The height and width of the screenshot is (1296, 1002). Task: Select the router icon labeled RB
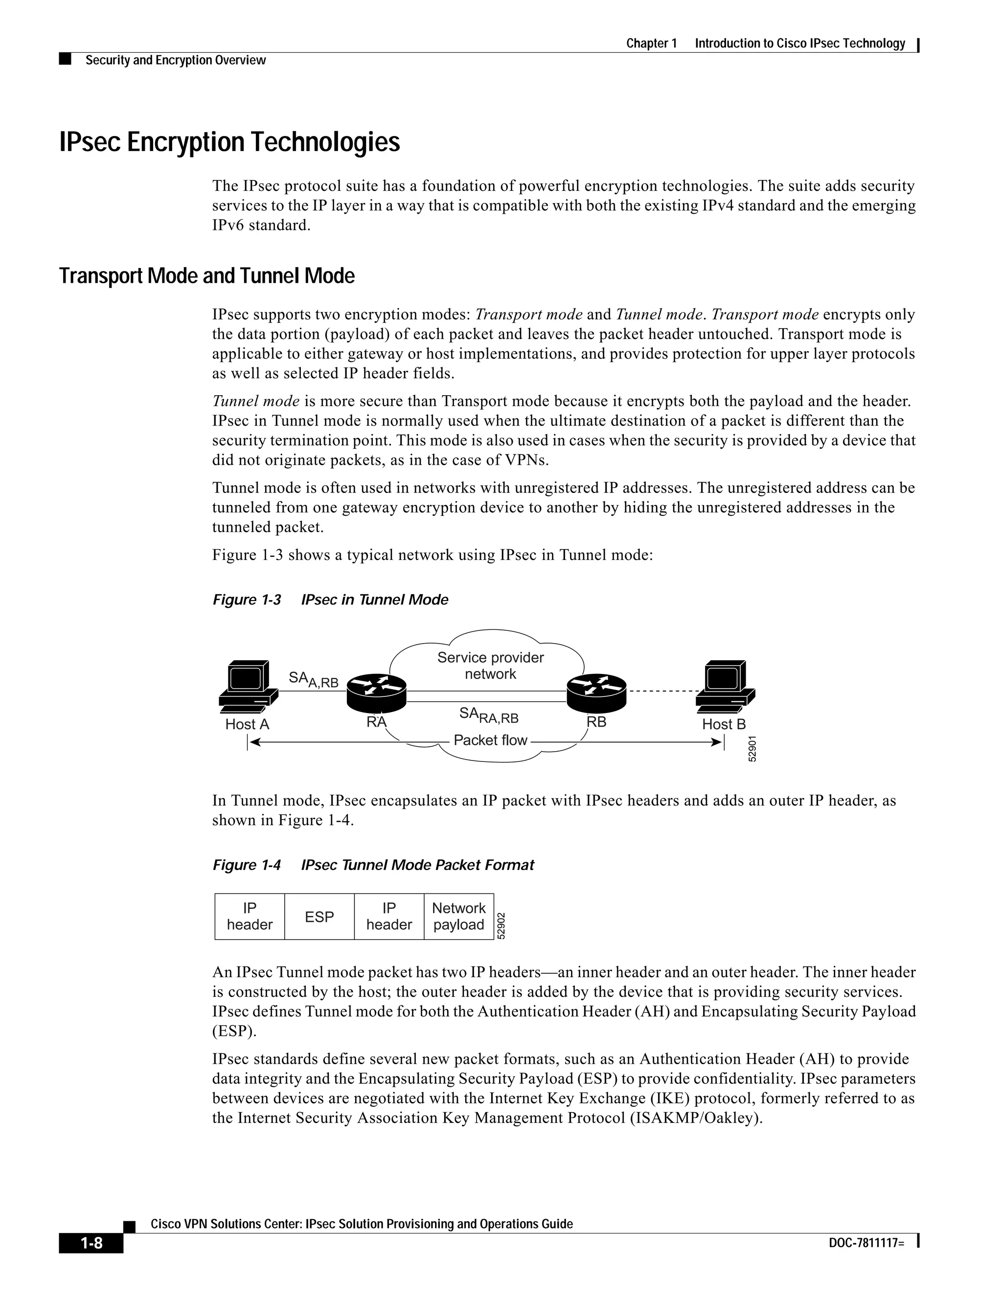tap(596, 692)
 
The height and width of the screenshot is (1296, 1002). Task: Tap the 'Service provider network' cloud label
tap(490, 666)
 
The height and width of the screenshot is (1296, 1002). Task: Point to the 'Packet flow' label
tap(490, 740)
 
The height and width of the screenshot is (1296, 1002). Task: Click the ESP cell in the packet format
tap(319, 917)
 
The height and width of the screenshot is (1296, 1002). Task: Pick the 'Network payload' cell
tap(459, 917)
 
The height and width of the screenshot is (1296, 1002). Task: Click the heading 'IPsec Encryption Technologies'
tap(230, 142)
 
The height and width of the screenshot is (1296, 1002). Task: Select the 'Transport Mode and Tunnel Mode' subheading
tap(206, 276)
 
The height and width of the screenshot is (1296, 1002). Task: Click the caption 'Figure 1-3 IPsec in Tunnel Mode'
tap(330, 600)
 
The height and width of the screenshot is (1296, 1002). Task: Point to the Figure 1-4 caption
tap(373, 865)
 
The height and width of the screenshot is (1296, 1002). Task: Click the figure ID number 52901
tap(752, 749)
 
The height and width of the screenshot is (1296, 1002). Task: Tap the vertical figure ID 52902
tap(501, 926)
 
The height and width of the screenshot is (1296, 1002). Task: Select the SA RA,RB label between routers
tap(489, 715)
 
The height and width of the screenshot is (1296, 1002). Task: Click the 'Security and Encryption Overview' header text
tap(176, 61)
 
